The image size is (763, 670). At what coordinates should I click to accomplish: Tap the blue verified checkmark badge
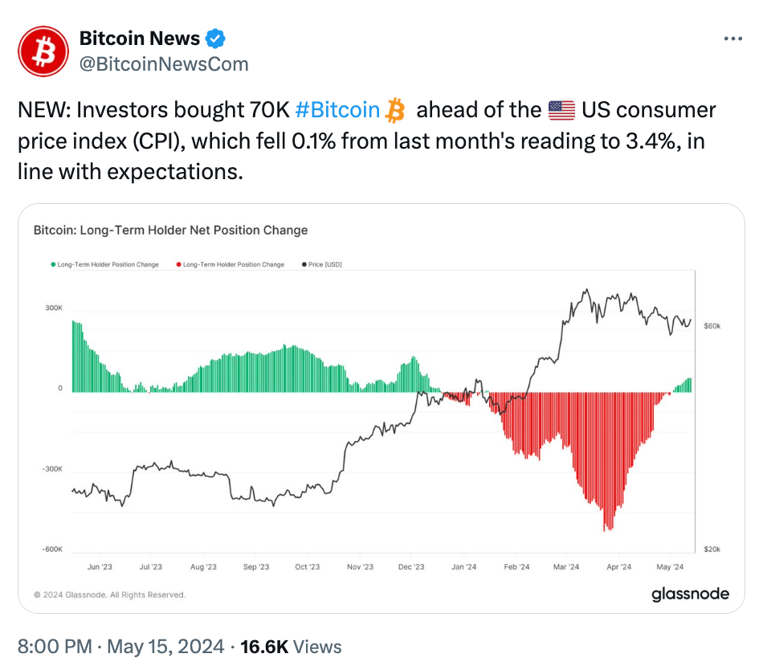(x=217, y=38)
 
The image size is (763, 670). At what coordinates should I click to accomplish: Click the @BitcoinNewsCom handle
(x=163, y=63)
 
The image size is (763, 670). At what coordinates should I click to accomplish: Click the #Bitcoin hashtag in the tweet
(x=337, y=109)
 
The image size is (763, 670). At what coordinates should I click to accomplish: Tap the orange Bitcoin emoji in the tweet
(x=395, y=109)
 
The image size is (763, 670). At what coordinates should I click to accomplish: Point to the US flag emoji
(x=561, y=109)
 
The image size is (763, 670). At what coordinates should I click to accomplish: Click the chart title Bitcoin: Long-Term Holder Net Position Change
(x=170, y=230)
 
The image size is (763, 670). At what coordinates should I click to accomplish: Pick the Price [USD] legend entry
(x=321, y=264)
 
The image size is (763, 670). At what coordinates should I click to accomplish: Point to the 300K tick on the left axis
(x=54, y=308)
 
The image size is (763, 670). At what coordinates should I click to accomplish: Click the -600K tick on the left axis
(x=52, y=549)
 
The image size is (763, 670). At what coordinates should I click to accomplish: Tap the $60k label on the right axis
(x=712, y=326)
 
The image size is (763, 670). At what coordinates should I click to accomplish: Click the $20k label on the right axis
(x=712, y=549)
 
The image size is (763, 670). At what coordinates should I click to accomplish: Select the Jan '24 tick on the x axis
(x=463, y=566)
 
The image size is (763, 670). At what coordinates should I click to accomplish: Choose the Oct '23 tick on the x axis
(x=307, y=566)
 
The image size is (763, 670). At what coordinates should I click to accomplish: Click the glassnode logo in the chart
(x=690, y=594)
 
